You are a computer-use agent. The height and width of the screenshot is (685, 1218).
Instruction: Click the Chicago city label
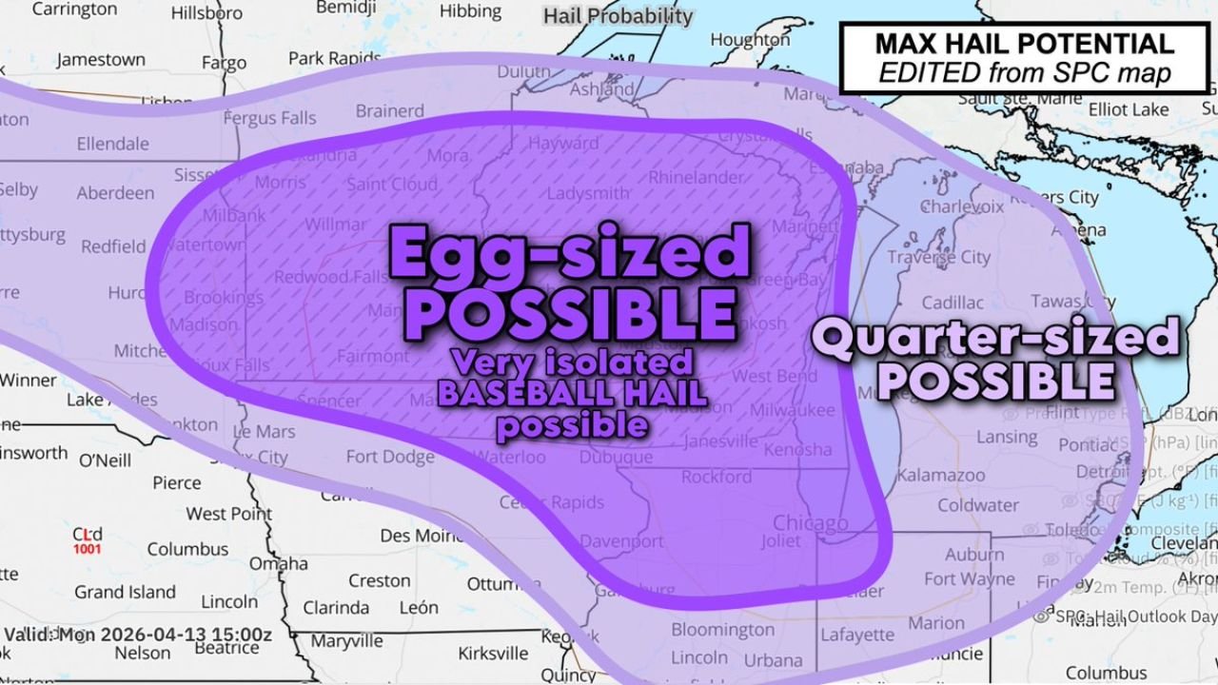point(810,523)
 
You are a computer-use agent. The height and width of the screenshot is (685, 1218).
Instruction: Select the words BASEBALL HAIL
point(571,393)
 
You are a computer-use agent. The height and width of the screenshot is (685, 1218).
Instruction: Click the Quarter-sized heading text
point(994,338)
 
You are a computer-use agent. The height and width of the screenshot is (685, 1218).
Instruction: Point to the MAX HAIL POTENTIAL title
point(1024,44)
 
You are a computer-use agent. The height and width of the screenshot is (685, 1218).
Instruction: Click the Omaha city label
point(278,563)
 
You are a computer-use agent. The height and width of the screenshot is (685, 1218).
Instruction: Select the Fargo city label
point(224,63)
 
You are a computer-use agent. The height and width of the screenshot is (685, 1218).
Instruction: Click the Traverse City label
point(938,257)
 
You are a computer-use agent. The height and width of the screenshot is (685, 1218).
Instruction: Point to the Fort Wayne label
point(969,578)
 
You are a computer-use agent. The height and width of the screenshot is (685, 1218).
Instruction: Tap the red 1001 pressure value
point(88,549)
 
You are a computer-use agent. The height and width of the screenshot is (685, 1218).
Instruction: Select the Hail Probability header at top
point(619,16)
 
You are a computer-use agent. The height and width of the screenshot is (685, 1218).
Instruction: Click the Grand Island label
point(126,592)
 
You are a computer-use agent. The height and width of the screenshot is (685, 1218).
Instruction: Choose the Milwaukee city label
point(792,410)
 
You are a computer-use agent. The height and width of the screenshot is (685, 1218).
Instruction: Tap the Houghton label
point(750,40)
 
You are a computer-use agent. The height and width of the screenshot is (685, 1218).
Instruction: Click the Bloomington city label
point(722,630)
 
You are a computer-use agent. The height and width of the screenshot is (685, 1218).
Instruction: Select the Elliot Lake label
point(1128,109)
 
